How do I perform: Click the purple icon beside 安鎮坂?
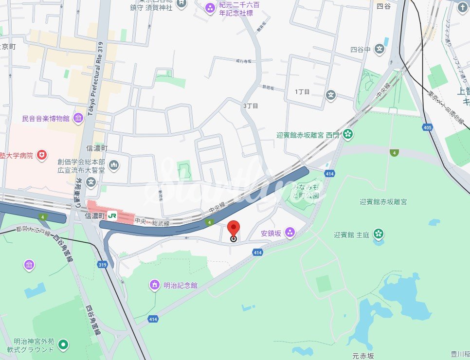[x=290, y=233]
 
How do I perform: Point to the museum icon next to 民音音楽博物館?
[x=78, y=118]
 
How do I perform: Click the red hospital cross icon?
[x=42, y=155]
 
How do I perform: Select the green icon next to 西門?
[x=347, y=134]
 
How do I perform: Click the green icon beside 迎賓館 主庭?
[x=379, y=234]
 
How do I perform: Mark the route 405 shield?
[x=428, y=127]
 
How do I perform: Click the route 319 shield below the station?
[x=102, y=265]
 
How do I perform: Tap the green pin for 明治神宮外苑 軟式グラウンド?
[x=63, y=345]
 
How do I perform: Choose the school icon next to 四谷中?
[x=380, y=49]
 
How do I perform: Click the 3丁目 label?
[x=251, y=106]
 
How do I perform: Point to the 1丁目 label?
[x=302, y=92]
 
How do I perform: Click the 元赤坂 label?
[x=364, y=356]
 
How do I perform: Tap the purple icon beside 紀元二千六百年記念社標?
[x=210, y=7]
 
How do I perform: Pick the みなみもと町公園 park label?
[x=305, y=191]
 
